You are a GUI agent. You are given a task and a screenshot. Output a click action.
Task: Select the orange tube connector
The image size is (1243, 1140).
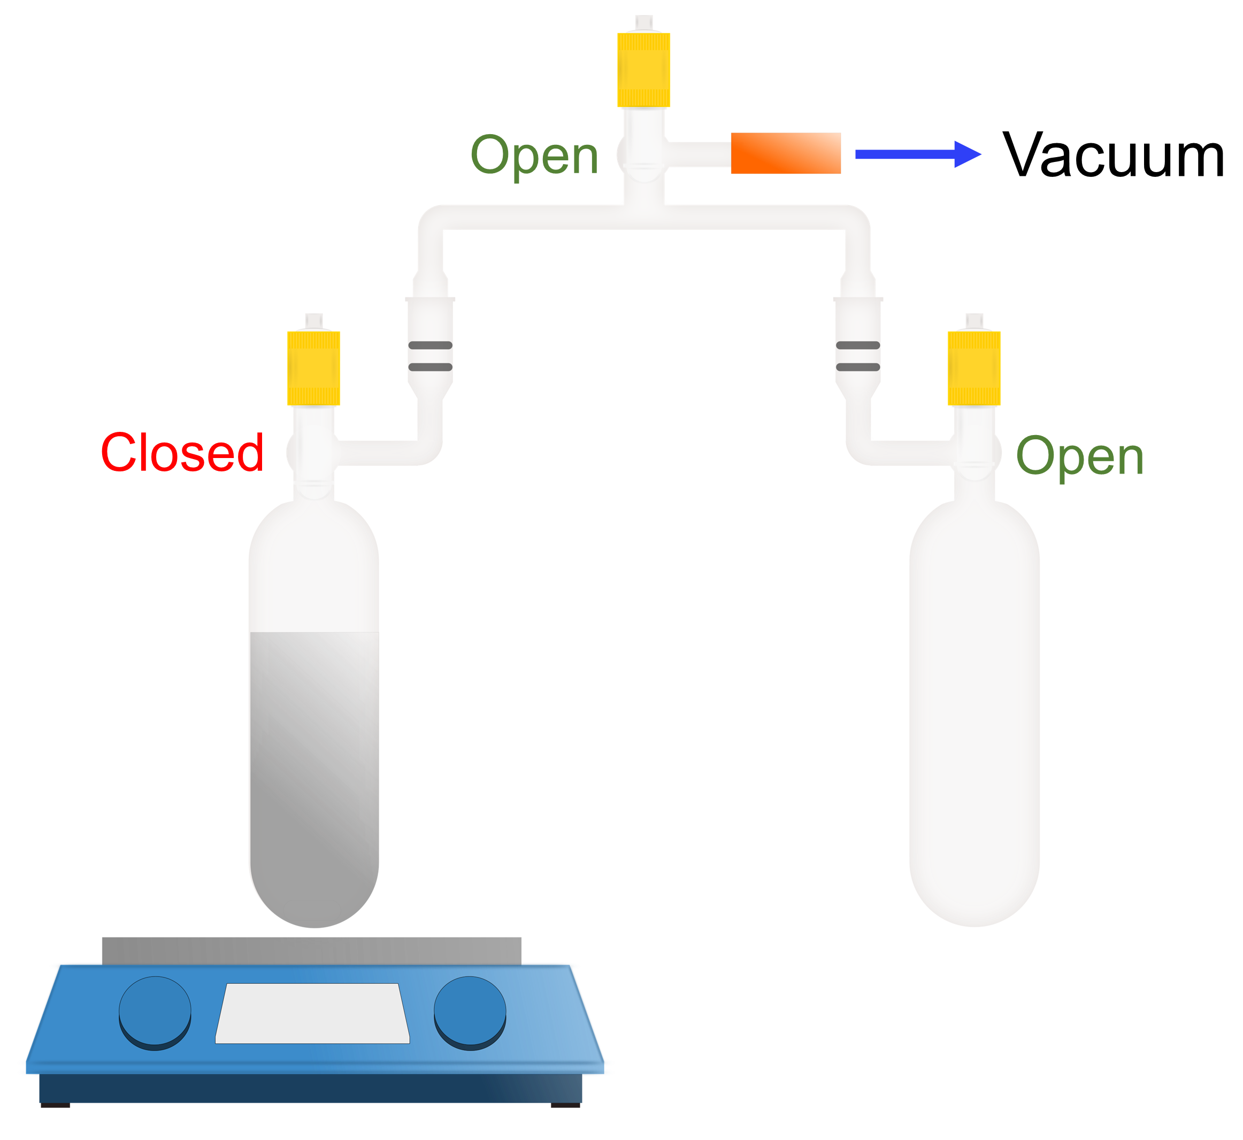[x=786, y=153]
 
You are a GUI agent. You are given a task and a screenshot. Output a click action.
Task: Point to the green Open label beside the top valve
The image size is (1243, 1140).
[x=534, y=156]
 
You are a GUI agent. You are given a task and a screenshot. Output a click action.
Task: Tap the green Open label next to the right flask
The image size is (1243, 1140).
[x=1080, y=457]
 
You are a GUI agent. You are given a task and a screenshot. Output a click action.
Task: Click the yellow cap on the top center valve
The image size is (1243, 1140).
[x=644, y=69]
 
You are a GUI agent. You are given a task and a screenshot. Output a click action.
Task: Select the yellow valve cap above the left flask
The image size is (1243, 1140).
[x=313, y=368]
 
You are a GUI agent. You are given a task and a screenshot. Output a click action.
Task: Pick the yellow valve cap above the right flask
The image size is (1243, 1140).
[x=974, y=368]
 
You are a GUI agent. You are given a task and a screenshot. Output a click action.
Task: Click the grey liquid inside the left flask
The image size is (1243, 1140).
[x=314, y=771]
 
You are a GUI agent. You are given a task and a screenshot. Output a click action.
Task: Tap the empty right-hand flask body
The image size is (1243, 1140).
[x=974, y=709]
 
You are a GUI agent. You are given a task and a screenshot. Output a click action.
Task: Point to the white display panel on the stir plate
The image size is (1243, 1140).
[x=312, y=1013]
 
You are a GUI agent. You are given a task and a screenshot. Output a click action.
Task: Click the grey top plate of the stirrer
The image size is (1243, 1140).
[x=312, y=951]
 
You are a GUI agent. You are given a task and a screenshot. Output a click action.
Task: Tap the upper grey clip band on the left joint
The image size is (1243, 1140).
[x=430, y=345]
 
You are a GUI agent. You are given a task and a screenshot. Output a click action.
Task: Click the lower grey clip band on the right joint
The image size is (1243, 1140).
[x=858, y=367]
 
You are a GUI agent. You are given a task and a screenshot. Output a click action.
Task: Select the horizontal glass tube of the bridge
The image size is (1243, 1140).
[x=644, y=217]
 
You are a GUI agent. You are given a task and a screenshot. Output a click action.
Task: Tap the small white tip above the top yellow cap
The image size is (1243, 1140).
[x=644, y=23]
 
